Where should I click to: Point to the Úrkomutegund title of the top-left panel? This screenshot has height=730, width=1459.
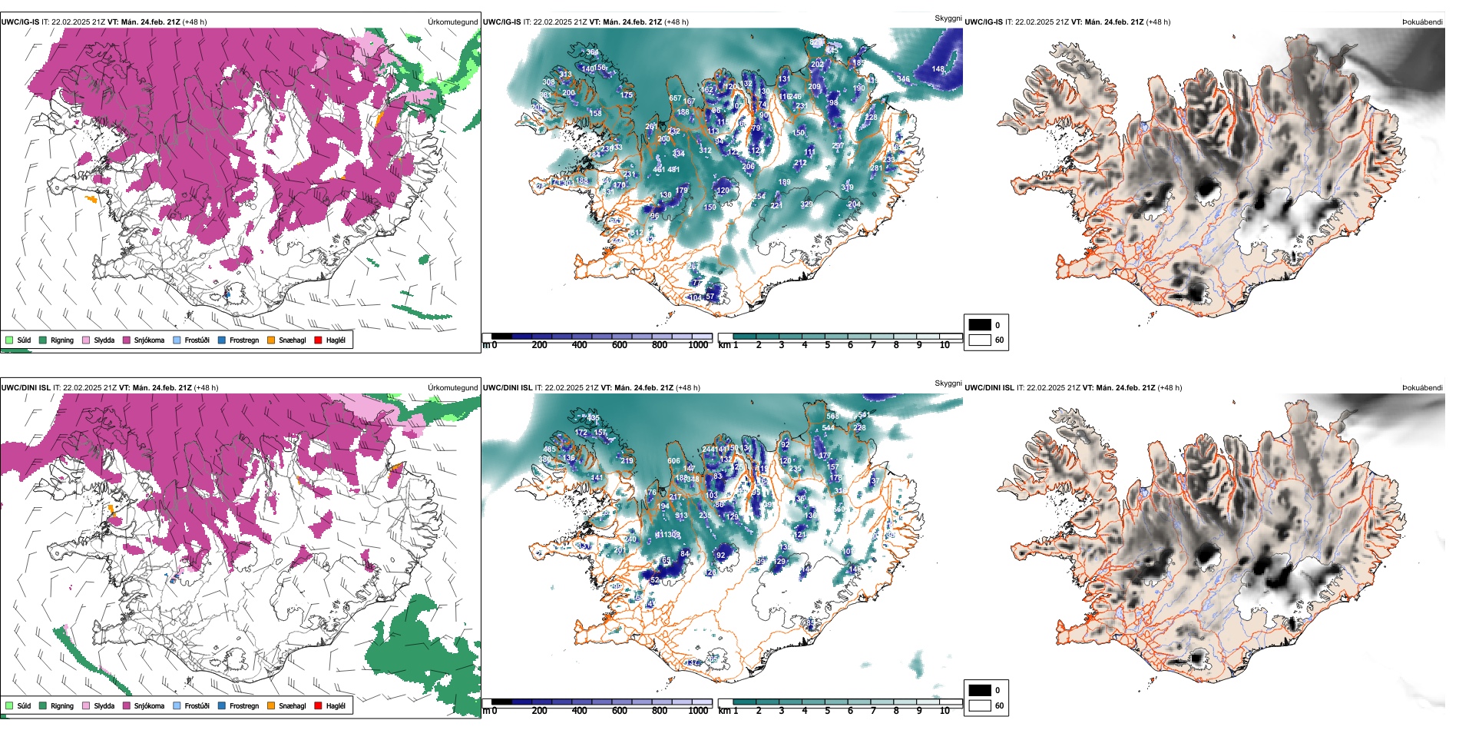pos(453,22)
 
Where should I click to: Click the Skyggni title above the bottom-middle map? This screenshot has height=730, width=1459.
pos(948,383)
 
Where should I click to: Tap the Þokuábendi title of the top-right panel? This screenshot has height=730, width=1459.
pos(1422,22)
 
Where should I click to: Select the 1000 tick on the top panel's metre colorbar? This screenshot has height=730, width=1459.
pos(698,345)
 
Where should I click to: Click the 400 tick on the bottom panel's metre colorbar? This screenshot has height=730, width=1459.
pos(580,711)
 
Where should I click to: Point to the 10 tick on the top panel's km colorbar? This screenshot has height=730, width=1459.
pos(945,345)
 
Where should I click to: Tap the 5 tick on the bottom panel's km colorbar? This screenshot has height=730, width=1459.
pos(828,711)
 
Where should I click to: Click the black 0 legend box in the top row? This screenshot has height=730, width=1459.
pos(980,325)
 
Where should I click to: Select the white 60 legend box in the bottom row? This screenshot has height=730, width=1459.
pos(980,705)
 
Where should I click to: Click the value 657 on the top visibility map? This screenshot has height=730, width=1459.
pos(675,98)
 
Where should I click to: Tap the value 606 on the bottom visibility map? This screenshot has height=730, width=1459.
pos(673,461)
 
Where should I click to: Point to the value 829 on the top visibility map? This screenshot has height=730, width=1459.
pos(806,204)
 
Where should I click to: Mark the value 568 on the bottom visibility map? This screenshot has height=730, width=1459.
pos(832,416)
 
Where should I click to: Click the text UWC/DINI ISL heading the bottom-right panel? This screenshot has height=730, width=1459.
pos(989,388)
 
